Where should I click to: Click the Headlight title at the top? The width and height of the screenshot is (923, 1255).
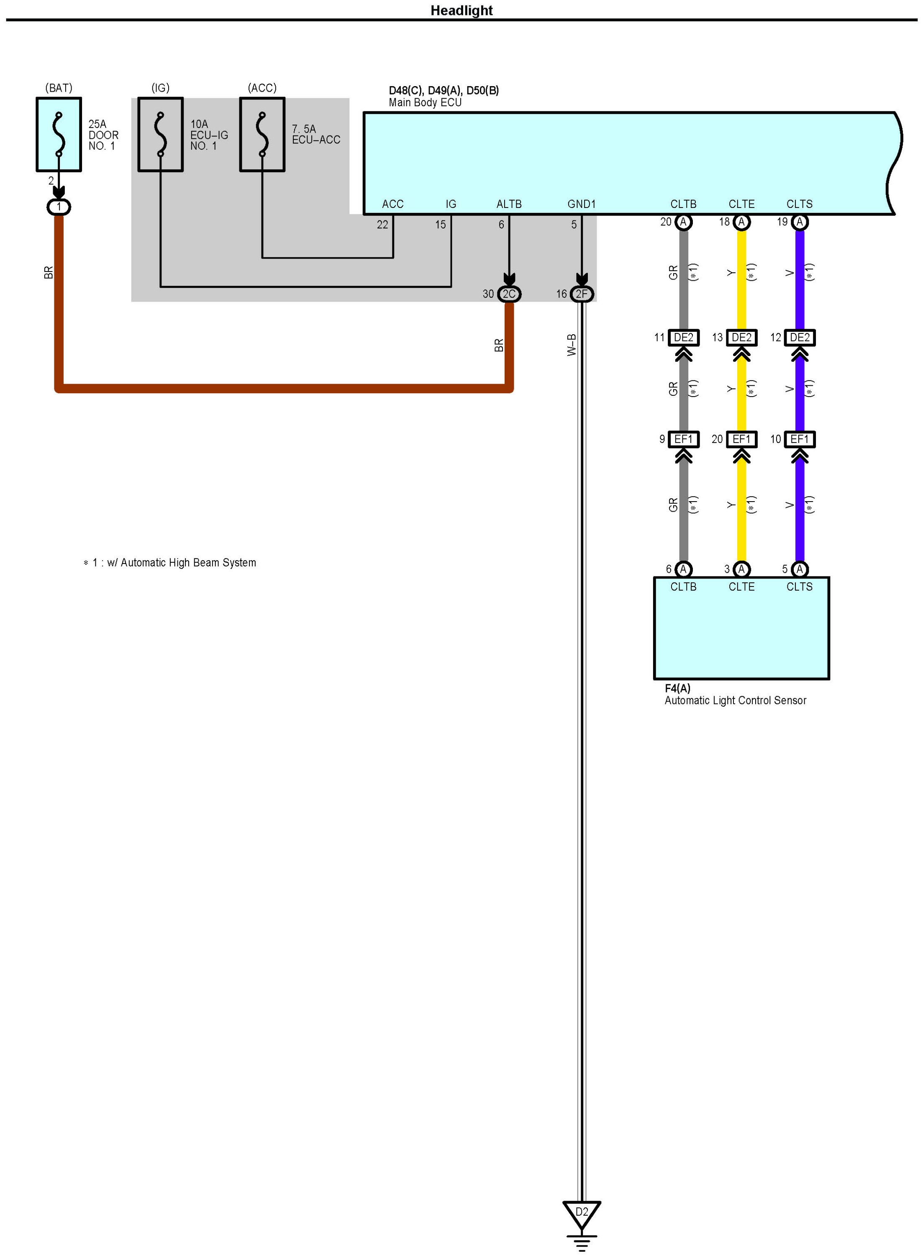[461, 10]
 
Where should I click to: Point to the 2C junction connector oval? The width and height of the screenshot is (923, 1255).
[509, 294]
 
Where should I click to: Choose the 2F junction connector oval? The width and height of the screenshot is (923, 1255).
[582, 294]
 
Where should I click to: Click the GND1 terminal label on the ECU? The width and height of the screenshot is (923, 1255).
[581, 204]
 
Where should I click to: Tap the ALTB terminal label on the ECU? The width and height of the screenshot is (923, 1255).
[509, 204]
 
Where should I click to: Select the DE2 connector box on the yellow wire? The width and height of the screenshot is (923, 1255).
[741, 337]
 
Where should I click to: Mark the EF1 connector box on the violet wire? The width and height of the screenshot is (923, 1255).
[800, 439]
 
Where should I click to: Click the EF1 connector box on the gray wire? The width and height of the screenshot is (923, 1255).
[683, 439]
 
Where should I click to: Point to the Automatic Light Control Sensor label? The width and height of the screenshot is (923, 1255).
[735, 700]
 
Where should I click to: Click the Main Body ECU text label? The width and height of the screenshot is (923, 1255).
[425, 102]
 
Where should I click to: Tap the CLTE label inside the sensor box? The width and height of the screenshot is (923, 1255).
[741, 587]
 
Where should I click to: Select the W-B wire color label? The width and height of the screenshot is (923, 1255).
[572, 345]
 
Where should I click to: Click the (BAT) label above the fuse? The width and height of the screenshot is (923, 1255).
[59, 88]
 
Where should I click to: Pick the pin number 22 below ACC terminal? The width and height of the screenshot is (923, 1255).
[382, 225]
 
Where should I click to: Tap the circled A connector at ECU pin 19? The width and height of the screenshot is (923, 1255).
[800, 222]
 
